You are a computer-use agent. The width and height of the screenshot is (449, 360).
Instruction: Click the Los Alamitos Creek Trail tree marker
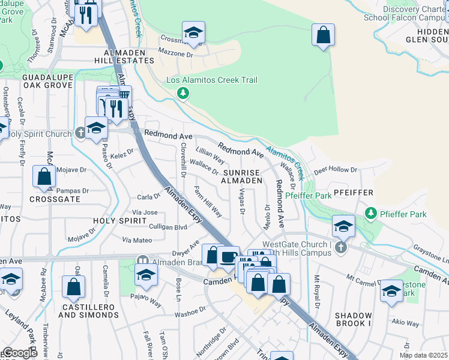tap(183, 93)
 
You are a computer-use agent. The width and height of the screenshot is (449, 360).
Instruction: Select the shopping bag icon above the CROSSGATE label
tap(44, 176)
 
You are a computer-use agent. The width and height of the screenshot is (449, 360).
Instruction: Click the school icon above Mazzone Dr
tap(193, 32)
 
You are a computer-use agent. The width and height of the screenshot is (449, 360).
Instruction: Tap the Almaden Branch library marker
tap(142, 261)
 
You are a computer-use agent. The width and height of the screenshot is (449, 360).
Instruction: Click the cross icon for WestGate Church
tap(340, 248)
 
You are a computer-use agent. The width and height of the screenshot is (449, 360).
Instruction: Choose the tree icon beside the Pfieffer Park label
tap(371, 214)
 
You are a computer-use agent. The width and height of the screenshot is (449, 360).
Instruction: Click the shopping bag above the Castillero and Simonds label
tap(73, 288)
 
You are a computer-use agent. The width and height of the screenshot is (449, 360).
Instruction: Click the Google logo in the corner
tap(19, 353)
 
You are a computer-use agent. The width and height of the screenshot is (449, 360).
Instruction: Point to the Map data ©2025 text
tap(423, 355)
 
